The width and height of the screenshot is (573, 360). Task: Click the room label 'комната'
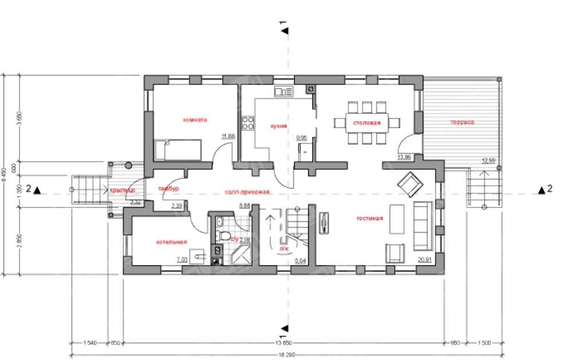(x=195, y=120)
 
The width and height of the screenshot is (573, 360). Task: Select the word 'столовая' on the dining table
(x=367, y=123)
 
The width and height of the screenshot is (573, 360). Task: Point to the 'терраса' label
(x=462, y=122)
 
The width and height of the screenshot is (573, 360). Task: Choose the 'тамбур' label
(x=168, y=188)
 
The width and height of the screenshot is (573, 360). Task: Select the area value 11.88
(x=228, y=136)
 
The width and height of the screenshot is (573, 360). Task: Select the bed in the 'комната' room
(x=179, y=150)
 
